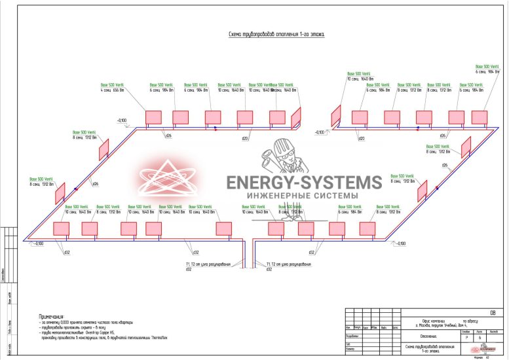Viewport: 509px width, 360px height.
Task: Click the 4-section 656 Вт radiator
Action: pyautogui.click(x=153, y=118)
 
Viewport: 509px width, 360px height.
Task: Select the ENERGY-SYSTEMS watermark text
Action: pyautogui.click(x=304, y=183)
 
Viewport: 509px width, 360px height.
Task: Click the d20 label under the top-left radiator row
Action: pyautogui.click(x=245, y=139)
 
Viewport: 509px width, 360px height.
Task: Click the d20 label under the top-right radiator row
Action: pyautogui.click(x=361, y=139)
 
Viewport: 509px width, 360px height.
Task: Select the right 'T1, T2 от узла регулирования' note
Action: pyautogui.click(x=288, y=264)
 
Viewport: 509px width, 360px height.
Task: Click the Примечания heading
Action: pyautogui.click(x=54, y=315)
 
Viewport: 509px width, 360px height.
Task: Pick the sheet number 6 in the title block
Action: pyautogui.click(x=480, y=337)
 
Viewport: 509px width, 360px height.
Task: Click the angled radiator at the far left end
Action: pyautogui.click(x=60, y=192)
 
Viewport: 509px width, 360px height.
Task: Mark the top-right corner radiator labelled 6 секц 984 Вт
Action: pyautogui.click(x=480, y=118)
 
